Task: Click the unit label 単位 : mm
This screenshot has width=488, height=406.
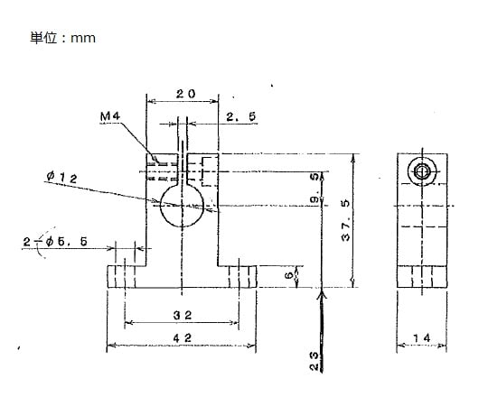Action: coord(62,38)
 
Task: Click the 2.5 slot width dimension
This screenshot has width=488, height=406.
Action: coord(239,115)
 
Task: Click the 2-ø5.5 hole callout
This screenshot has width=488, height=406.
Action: coord(56,241)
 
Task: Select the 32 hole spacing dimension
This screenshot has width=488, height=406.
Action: coord(184,314)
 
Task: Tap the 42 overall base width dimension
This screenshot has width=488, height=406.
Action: coord(184,336)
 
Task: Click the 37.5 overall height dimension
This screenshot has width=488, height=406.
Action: coord(343,219)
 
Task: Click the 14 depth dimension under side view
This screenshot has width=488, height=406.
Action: coord(422,338)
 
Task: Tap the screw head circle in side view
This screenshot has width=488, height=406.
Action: coord(421,171)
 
